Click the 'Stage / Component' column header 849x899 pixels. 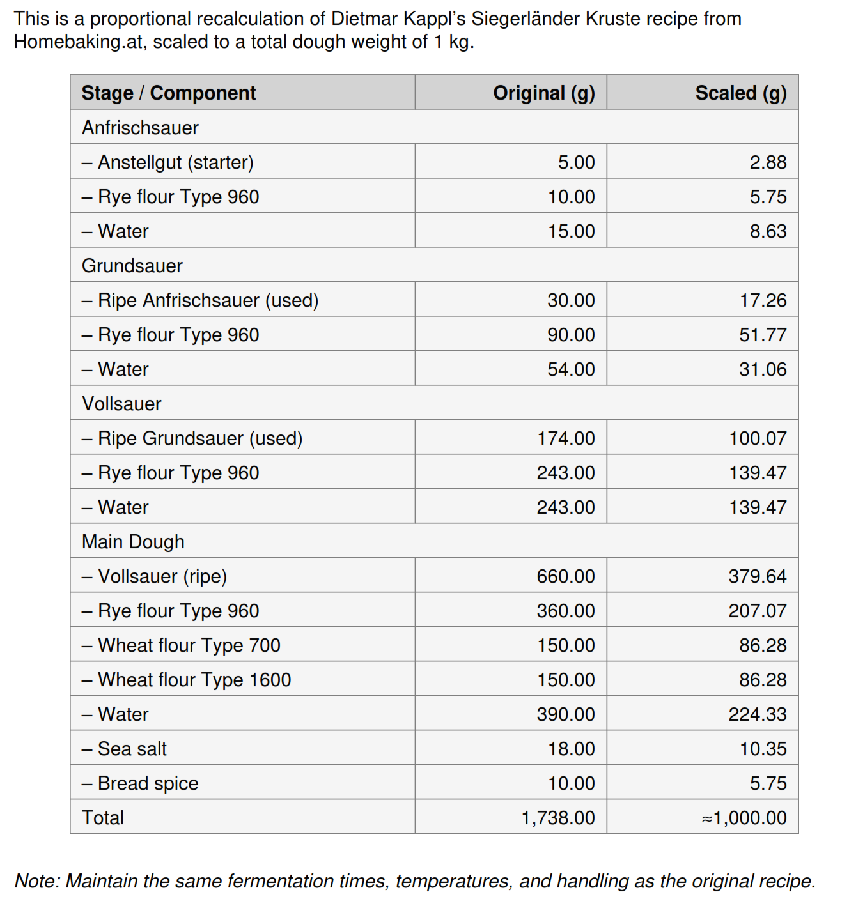coord(169,93)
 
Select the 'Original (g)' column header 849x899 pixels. coord(543,93)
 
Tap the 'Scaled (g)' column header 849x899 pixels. coord(740,93)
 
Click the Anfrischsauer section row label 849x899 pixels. coord(140,128)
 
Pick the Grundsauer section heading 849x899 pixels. coord(132,266)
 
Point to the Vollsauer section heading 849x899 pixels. coord(121,404)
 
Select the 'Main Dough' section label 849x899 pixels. coord(133,542)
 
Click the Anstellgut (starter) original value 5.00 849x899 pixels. coord(576,162)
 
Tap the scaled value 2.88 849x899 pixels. coord(768,162)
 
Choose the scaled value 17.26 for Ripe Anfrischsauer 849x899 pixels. coord(763,300)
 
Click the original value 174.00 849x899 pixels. coord(566,438)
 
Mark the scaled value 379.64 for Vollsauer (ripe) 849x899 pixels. coord(758,576)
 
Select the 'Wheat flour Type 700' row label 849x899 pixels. coord(189,645)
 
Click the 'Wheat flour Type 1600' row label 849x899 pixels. coord(194,680)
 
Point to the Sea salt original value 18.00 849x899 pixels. coord(571,749)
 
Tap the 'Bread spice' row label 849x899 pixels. coord(148,783)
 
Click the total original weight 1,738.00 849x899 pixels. coord(558,818)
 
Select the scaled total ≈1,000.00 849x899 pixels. coord(744,818)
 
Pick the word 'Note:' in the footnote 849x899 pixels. coord(38,881)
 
